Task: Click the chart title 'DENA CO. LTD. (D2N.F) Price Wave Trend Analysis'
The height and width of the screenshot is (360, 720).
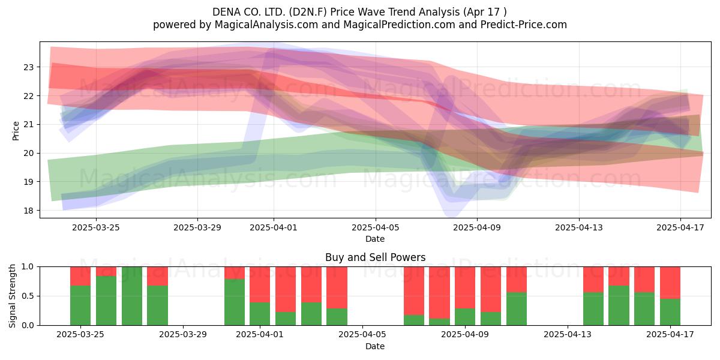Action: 336,12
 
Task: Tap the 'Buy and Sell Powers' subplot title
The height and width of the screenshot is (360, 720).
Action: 375,257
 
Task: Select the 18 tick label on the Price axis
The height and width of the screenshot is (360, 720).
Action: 28,211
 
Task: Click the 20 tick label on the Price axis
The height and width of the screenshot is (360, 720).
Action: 28,154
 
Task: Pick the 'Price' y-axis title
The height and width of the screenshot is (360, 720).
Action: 16,131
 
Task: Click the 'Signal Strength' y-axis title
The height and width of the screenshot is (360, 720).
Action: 12,296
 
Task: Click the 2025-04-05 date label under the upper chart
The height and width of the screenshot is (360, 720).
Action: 375,227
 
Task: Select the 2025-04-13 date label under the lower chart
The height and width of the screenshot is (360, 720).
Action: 568,335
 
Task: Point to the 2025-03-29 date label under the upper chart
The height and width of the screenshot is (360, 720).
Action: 197,227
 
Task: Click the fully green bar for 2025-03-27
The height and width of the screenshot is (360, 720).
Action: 132,296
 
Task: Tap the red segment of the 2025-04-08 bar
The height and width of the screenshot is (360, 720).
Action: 439,293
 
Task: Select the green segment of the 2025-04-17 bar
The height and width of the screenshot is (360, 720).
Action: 670,312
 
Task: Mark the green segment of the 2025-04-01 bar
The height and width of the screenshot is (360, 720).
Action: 260,314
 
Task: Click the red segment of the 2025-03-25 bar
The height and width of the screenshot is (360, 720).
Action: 80,276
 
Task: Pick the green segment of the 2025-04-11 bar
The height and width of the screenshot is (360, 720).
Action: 517,309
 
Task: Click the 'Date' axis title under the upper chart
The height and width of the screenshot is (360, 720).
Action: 375,239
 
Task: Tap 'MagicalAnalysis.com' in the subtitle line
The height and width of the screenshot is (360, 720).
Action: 266,25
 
